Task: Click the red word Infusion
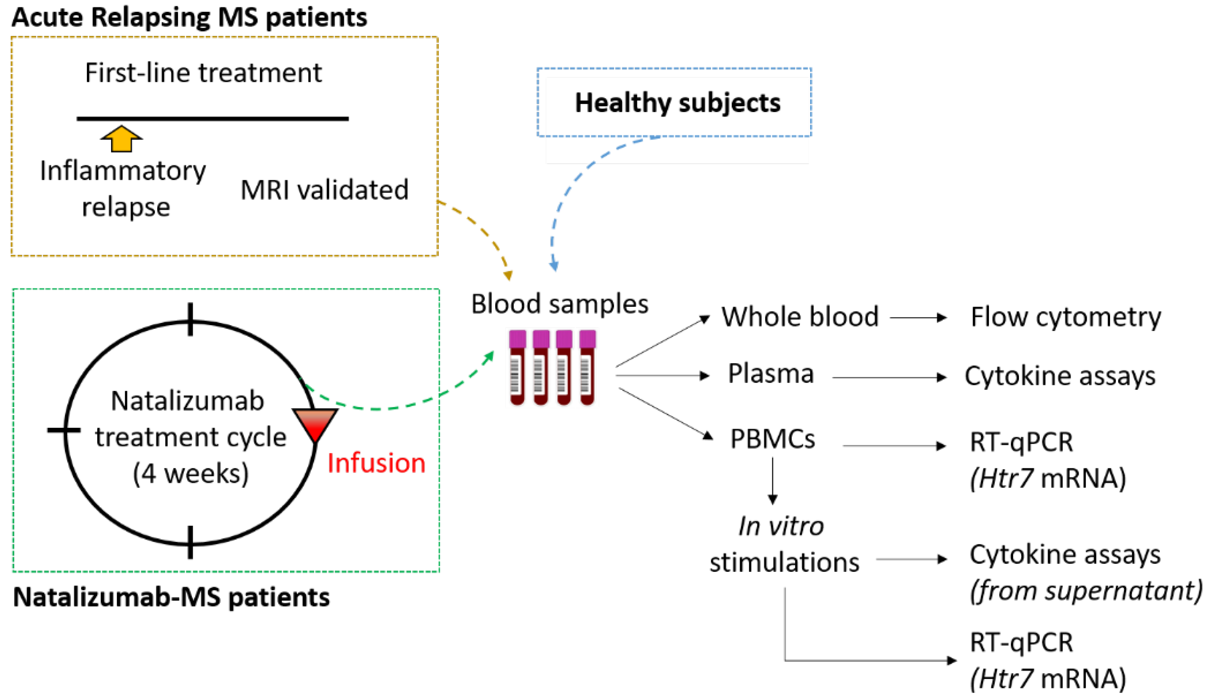tap(376, 463)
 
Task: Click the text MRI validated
tap(324, 190)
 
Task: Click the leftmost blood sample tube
tap(517, 367)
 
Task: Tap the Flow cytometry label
tap(1065, 317)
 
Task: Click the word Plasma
tap(770, 373)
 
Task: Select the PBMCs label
tap(772, 439)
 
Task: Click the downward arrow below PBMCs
tap(772, 480)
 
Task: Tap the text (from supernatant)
tap(1085, 591)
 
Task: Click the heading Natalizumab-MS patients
tap(171, 597)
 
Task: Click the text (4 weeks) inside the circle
tap(190, 474)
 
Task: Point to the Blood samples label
tap(560, 304)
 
